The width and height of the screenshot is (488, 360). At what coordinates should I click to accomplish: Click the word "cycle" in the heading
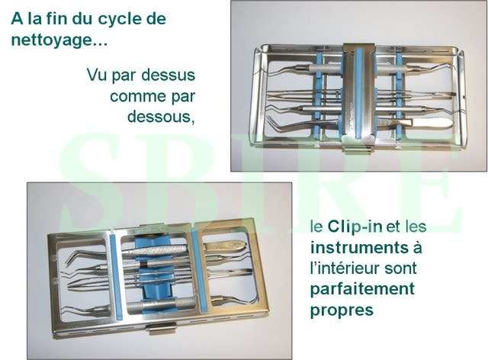coord(118,20)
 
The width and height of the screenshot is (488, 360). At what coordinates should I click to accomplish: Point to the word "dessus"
coord(168,75)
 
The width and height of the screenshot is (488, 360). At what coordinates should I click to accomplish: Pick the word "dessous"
coord(159,117)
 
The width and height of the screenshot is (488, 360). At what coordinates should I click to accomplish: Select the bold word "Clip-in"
coord(355,227)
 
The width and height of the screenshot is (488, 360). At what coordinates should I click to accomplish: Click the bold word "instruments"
coord(359,248)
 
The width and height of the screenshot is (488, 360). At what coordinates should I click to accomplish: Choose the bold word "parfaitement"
coord(363,289)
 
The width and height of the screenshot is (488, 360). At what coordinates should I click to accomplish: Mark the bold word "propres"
coord(342,310)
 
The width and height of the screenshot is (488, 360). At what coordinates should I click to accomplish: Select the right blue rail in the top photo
coord(400,96)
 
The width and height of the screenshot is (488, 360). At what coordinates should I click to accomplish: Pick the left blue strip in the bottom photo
coord(116,277)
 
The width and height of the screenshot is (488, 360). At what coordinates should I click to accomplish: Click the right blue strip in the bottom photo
coord(199,270)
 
